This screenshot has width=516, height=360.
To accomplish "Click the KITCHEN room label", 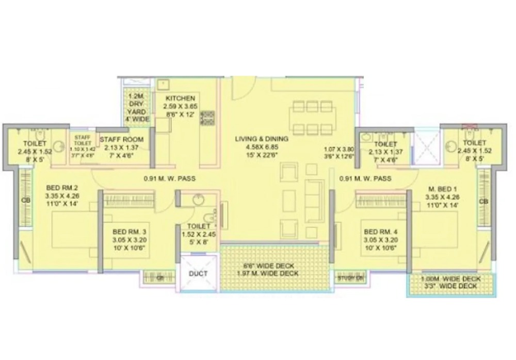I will tap(180, 98).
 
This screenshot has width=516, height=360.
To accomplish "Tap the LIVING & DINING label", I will tap(262, 139).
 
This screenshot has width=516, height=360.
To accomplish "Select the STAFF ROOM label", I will tap(122, 139).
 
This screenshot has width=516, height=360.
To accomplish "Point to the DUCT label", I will tap(198, 273).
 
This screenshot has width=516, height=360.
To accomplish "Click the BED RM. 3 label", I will tap(129, 232).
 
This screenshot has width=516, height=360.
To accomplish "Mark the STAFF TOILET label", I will tap(83, 140).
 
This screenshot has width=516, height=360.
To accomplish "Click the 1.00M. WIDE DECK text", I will tap(451, 279).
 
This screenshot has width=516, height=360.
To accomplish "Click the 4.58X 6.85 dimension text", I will tap(262, 146).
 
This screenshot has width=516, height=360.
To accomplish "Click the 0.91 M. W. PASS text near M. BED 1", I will tap(365, 178).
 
